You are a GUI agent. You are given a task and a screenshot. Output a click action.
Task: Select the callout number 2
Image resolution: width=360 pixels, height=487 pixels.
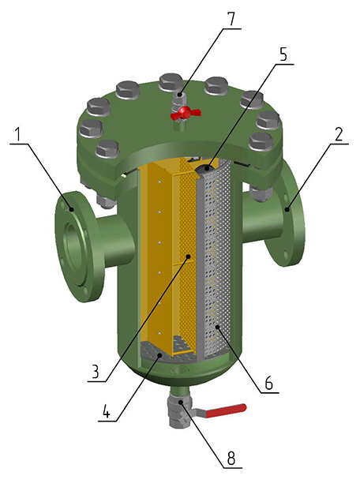[x=339, y=134]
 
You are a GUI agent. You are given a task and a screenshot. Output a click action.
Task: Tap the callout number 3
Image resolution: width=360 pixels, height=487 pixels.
[x=95, y=371]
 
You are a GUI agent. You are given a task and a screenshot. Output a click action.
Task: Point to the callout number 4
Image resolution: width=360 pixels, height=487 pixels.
[x=106, y=410]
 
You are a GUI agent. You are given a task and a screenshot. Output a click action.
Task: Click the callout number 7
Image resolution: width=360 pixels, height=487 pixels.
[x=231, y=20]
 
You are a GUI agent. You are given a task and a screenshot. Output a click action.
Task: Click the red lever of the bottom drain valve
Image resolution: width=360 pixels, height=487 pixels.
[x=226, y=410]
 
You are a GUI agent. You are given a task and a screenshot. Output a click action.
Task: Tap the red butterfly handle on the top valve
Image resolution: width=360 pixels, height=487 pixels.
[x=186, y=113]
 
